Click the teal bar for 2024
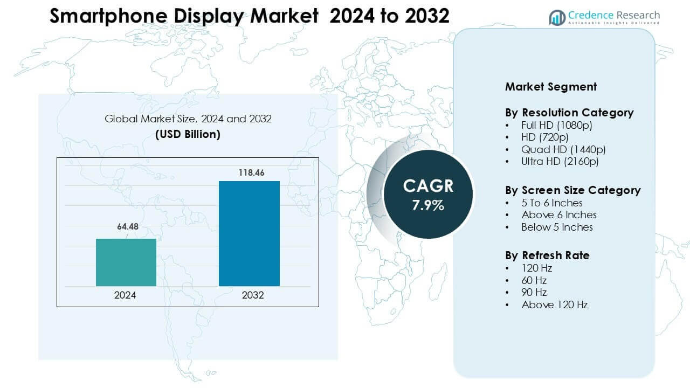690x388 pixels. (x=126, y=262)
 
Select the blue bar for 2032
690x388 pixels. (x=249, y=233)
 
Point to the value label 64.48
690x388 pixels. (x=128, y=227)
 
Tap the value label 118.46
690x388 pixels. (x=250, y=172)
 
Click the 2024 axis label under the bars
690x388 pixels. (x=125, y=295)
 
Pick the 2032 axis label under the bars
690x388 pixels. (x=250, y=295)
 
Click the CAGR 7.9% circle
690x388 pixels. (x=428, y=194)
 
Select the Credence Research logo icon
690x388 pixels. (x=557, y=17)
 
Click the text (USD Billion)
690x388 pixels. (x=188, y=134)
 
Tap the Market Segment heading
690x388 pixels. (x=550, y=86)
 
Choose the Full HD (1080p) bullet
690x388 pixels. (x=556, y=125)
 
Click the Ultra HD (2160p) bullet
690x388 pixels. (x=560, y=161)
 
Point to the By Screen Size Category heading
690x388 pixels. (x=572, y=190)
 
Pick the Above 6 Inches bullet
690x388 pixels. (x=558, y=214)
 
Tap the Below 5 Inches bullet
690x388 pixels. (x=557, y=227)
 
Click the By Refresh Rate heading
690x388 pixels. (x=547, y=255)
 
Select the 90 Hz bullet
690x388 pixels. (x=534, y=292)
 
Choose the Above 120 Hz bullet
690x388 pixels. (x=554, y=304)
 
